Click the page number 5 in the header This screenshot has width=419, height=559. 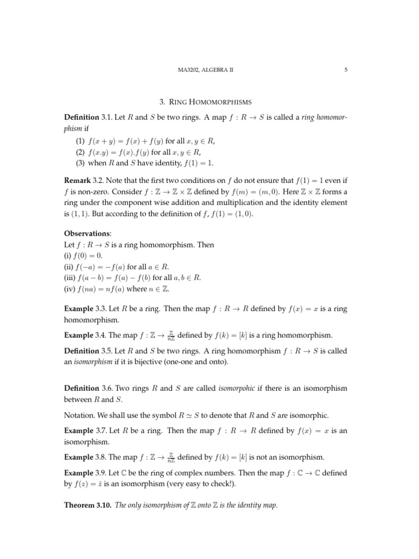(346, 69)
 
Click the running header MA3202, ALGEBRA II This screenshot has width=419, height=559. (209, 69)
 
